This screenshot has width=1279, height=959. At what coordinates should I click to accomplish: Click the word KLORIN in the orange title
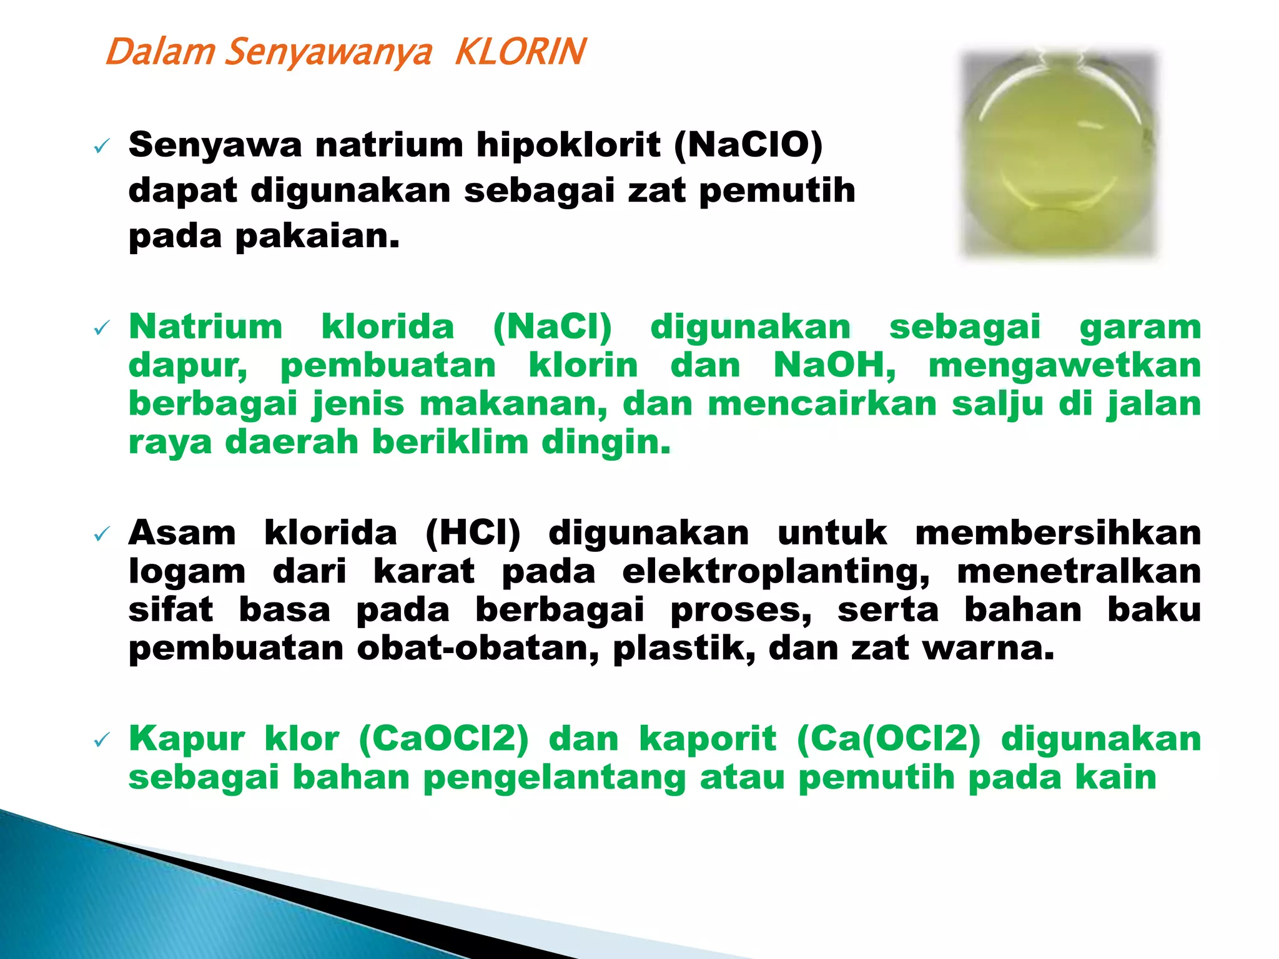tap(520, 52)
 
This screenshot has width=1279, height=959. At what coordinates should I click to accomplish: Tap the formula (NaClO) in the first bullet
tap(748, 145)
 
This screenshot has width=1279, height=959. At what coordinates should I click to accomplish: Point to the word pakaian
tap(317, 237)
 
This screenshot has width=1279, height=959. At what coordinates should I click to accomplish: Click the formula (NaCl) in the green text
tap(552, 328)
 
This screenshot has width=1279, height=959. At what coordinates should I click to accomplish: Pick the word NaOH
tap(834, 365)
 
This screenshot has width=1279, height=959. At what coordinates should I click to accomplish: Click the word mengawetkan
tap(1065, 365)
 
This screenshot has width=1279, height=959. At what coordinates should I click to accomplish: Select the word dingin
tap(606, 443)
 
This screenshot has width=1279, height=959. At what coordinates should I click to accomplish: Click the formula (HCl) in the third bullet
tap(473, 534)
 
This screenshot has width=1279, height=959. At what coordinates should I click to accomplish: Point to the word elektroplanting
tap(776, 573)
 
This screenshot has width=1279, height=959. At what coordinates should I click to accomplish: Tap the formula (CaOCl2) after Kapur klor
tap(444, 739)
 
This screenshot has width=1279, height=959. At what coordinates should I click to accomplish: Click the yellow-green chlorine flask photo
tap(1059, 155)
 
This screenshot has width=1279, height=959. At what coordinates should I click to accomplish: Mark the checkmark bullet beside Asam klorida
tap(101, 534)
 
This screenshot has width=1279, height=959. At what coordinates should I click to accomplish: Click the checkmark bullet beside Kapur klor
tap(101, 740)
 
